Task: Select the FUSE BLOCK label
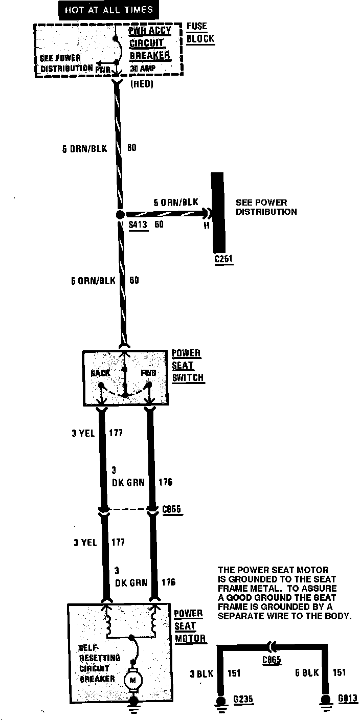(x=200, y=32)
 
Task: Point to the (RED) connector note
(x=142, y=84)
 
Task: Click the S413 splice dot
(x=120, y=215)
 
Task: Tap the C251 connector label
(x=223, y=259)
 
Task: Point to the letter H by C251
(x=207, y=224)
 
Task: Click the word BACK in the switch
(x=100, y=373)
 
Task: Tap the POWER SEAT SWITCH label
(x=187, y=366)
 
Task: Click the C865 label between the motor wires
(x=171, y=509)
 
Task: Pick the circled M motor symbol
(x=134, y=680)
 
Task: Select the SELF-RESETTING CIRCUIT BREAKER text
(x=99, y=663)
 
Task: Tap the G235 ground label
(x=242, y=699)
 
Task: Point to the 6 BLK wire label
(x=307, y=673)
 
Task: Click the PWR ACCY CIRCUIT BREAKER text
(x=149, y=43)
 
